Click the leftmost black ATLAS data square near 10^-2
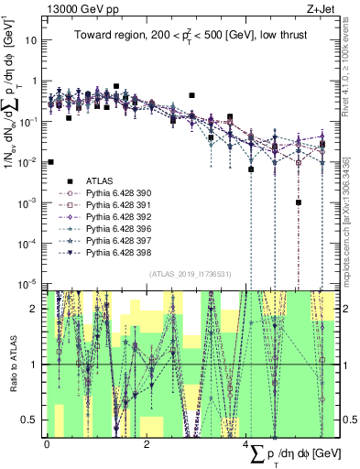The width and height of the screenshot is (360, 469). (50, 161)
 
